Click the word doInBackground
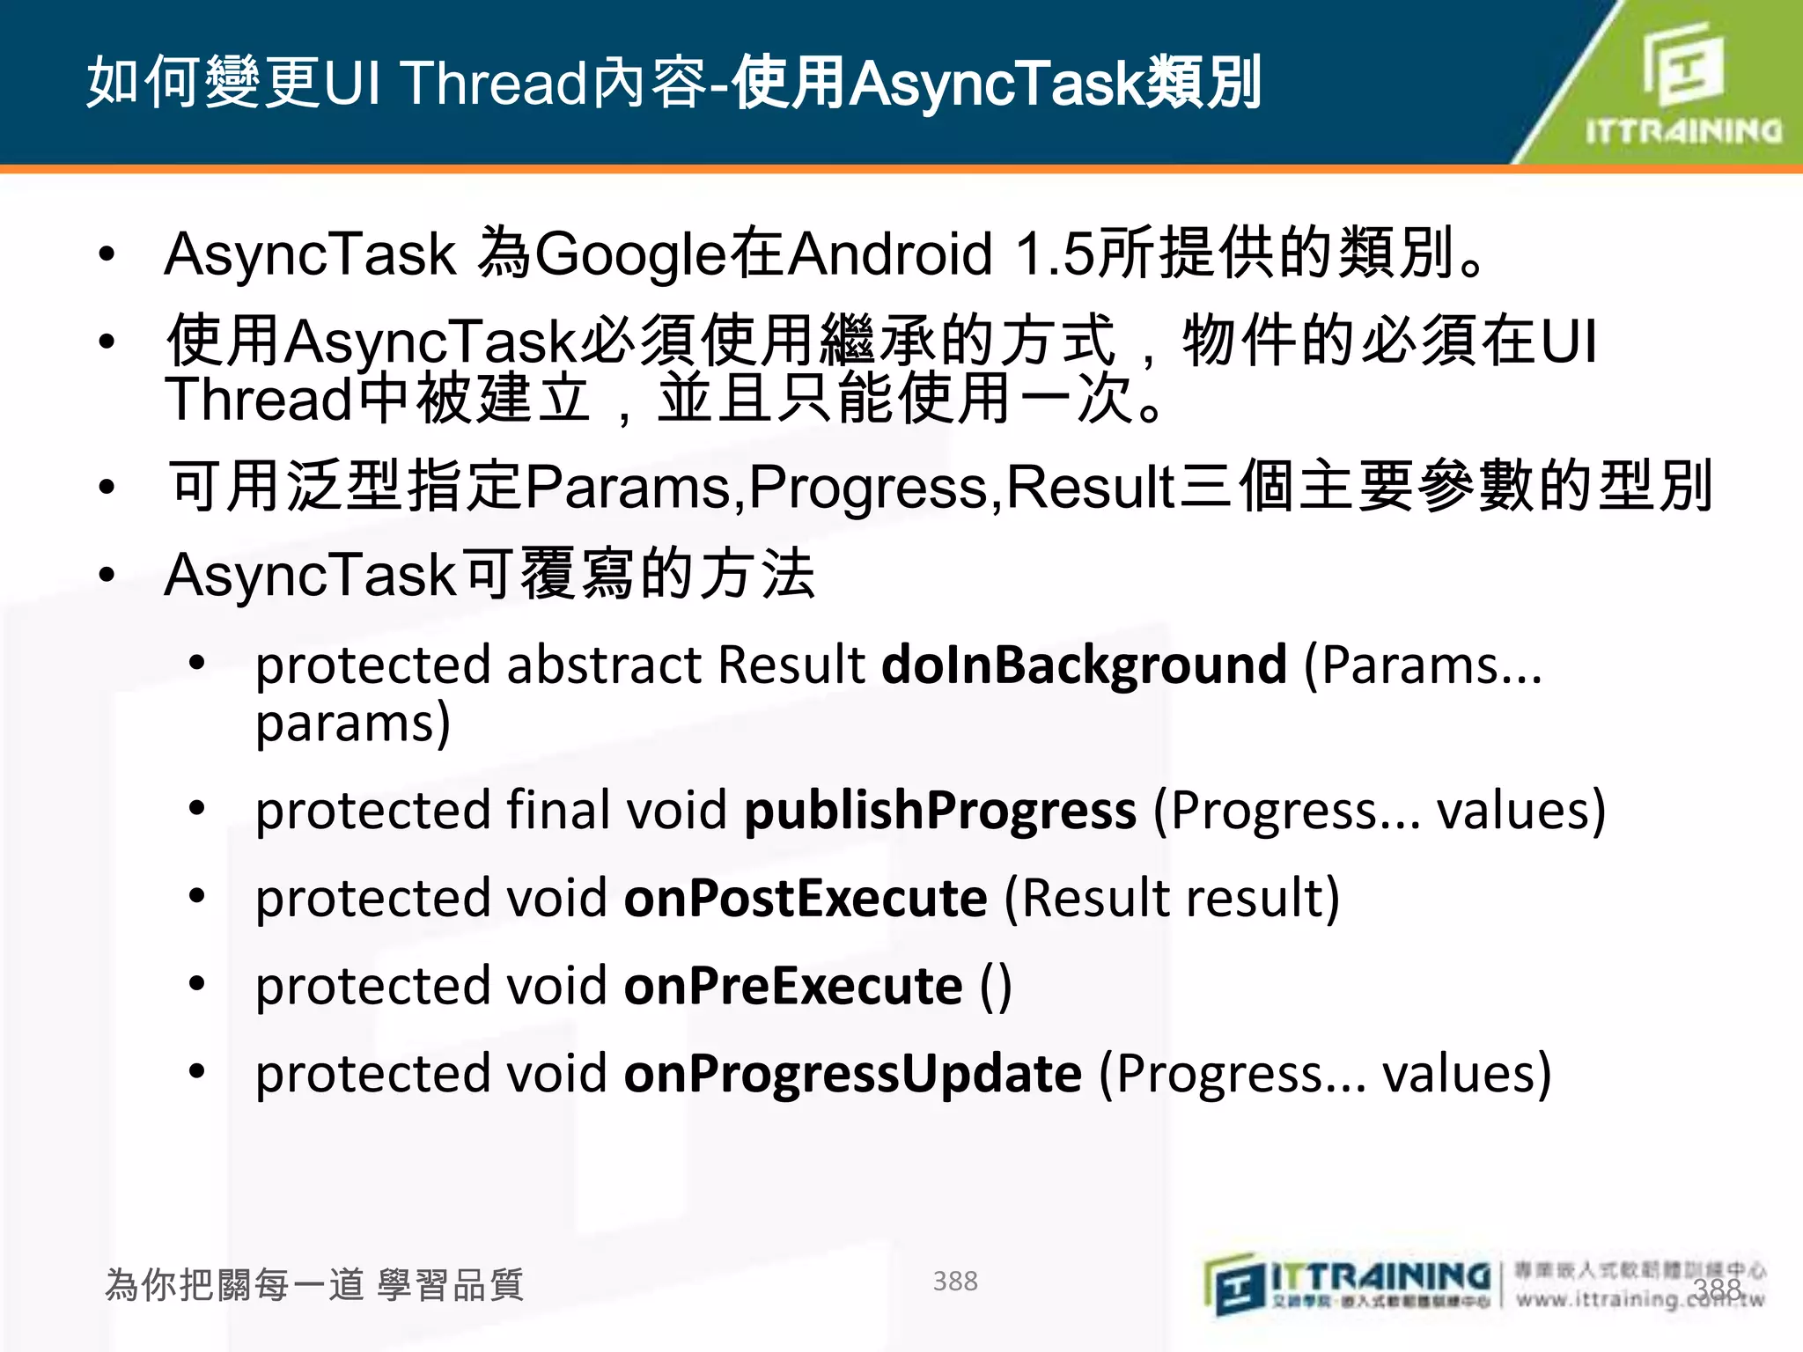click(x=1084, y=665)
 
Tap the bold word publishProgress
click(x=939, y=810)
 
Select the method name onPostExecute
click(x=806, y=898)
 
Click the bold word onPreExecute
click(x=793, y=985)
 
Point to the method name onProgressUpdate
click(x=852, y=1073)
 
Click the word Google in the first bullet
click(x=630, y=254)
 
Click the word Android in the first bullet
click(x=890, y=254)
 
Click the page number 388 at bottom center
click(x=955, y=1281)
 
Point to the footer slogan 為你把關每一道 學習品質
click(x=314, y=1284)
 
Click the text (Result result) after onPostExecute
click(x=1172, y=898)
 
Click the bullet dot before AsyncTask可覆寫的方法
click(x=107, y=575)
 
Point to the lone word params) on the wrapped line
click(x=353, y=724)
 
